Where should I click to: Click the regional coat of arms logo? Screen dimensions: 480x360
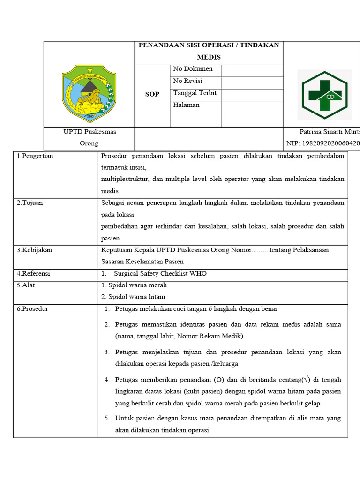(x=89, y=93)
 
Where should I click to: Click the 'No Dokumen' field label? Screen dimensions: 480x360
(x=193, y=69)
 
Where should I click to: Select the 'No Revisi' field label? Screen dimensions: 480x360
(x=188, y=81)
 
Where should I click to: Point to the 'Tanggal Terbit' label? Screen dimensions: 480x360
(x=195, y=93)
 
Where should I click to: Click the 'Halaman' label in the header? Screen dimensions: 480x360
(x=186, y=105)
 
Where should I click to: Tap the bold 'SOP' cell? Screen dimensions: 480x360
(x=152, y=94)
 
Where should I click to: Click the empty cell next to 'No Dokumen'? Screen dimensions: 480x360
(x=252, y=71)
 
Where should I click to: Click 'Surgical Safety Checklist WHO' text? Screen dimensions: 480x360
(x=160, y=274)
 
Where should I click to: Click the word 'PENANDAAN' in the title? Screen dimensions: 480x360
(x=157, y=45)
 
